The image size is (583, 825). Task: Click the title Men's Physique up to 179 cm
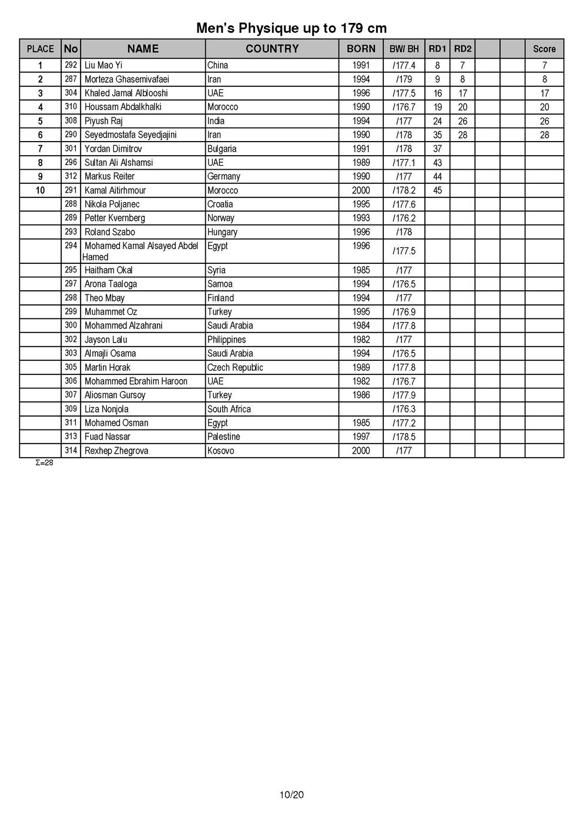(291, 28)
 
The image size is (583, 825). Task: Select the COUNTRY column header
(272, 49)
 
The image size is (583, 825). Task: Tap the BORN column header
(361, 49)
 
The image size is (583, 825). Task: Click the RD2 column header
(463, 49)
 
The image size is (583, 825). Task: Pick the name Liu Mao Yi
(103, 65)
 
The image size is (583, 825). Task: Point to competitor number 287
(71, 79)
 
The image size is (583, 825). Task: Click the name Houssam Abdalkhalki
(123, 107)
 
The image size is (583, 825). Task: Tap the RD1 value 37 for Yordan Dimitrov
(437, 149)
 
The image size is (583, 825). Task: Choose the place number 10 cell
(40, 190)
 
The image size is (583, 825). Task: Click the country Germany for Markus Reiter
(223, 176)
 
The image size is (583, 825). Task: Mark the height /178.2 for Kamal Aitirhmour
(404, 190)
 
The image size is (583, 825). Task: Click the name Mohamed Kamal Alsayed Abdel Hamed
(140, 251)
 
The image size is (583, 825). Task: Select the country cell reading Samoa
(220, 284)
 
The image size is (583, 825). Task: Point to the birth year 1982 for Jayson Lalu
(361, 339)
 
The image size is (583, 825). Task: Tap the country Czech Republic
(235, 367)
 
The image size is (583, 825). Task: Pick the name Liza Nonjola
(106, 409)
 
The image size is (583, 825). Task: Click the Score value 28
(544, 135)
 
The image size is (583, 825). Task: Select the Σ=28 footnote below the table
(44, 463)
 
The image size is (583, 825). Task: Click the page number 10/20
(291, 796)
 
